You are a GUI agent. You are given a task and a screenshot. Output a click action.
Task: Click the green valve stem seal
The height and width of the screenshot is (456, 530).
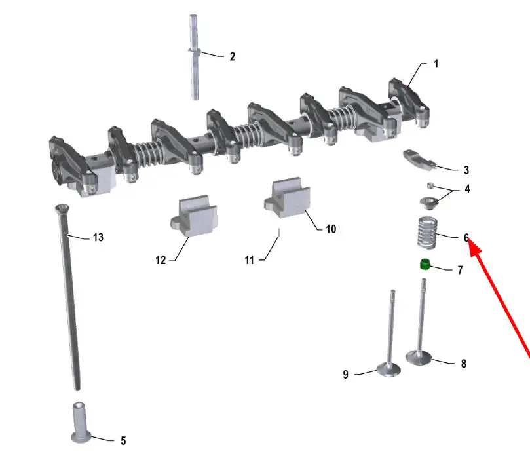[x=425, y=264]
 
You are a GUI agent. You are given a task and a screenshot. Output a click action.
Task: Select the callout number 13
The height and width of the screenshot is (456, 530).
[x=98, y=237]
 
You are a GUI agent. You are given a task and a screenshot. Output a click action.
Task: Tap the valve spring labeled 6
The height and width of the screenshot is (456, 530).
[x=427, y=233]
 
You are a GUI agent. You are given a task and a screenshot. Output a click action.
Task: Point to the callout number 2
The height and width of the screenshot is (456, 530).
[x=232, y=56]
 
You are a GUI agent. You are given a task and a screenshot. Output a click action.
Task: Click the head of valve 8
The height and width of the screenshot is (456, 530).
[x=419, y=358]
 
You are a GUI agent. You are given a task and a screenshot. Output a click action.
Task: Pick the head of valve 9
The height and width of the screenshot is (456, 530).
[x=388, y=369]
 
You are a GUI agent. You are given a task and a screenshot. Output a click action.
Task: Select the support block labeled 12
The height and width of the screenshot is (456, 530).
[x=194, y=216]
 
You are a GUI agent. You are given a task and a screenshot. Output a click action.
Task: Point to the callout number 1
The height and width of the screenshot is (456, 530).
[x=436, y=64]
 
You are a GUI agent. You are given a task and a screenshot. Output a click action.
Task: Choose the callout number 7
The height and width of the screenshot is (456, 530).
[x=460, y=270]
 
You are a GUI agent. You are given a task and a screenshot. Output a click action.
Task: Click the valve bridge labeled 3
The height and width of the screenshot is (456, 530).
[x=419, y=160]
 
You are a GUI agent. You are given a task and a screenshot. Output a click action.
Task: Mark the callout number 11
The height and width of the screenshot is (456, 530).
[x=249, y=260]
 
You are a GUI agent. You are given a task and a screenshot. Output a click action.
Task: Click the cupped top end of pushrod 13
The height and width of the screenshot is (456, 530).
[x=62, y=207]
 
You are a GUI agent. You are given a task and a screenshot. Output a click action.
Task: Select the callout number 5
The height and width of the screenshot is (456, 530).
[x=123, y=441]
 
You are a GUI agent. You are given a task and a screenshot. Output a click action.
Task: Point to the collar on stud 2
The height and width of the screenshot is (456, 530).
[x=195, y=51]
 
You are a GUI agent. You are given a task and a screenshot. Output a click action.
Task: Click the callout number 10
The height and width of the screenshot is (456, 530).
[x=331, y=229]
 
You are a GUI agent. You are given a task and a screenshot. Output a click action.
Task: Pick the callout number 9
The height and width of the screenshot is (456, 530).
[x=345, y=375]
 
